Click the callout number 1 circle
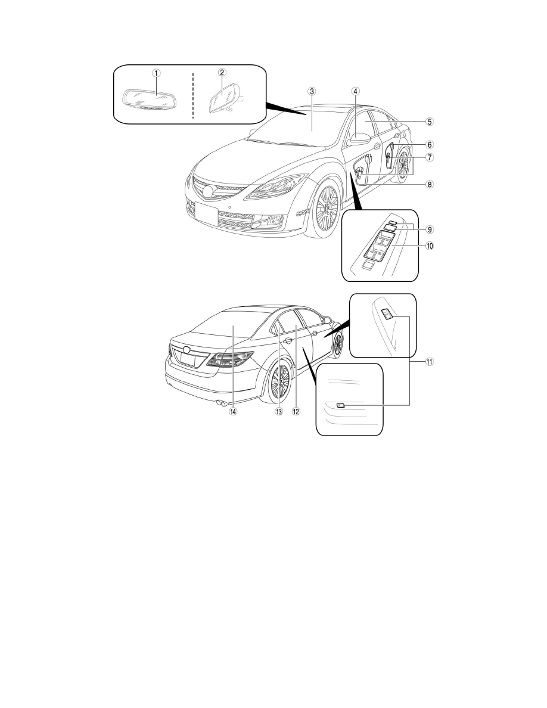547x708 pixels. [156, 73]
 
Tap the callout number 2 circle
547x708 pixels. [222, 72]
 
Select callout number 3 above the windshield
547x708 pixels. [312, 91]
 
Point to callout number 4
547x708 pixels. [356, 91]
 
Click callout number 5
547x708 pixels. [430, 122]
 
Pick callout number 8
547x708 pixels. [430, 184]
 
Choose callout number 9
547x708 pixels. [430, 229]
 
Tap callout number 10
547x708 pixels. [430, 246]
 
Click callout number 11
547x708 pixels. [430, 361]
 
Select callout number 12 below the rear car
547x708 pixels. [296, 411]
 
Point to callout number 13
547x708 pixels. [279, 411]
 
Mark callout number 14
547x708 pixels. [233, 411]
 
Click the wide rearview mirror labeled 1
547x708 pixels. [150, 99]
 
